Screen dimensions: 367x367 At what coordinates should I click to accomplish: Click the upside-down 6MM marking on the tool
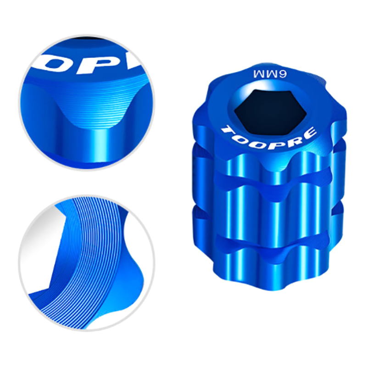click(x=270, y=74)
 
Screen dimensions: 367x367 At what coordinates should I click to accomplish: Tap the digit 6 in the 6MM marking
click(x=282, y=74)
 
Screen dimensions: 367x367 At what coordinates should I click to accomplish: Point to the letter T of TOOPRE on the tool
click(x=227, y=130)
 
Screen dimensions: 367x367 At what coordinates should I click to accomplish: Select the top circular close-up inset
click(x=87, y=102)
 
